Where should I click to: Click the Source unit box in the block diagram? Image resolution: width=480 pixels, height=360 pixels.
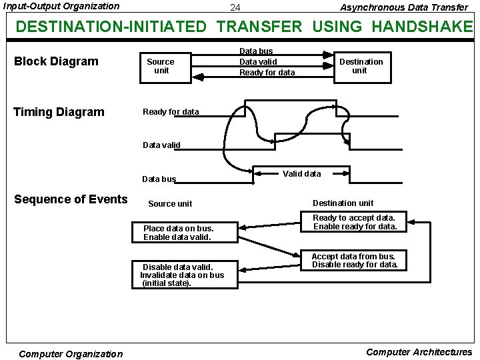coord(161,66)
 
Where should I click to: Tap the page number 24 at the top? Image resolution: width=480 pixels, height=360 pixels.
coord(235,8)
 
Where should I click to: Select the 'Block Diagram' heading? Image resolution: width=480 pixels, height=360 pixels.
coord(56,61)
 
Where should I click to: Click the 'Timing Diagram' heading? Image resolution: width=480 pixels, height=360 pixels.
coord(59,112)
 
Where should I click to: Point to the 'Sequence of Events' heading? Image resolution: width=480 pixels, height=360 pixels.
coord(71,199)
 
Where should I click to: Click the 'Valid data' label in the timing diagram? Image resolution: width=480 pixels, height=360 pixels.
coord(301,173)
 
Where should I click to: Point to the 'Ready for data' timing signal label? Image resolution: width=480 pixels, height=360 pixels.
coord(171,112)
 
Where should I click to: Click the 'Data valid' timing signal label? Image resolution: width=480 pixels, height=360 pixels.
coord(161,145)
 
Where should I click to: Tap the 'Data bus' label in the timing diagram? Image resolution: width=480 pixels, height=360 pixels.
coord(159,179)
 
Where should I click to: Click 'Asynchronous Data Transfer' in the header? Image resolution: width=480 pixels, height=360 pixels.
coord(404,7)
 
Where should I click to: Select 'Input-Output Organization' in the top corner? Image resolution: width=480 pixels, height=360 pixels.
coord(61,6)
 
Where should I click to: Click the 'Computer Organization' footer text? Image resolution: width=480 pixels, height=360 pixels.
coord(71,354)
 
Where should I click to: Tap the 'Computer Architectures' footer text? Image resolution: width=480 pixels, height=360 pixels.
coord(419,352)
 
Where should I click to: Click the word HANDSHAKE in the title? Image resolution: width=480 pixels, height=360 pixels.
coord(421,27)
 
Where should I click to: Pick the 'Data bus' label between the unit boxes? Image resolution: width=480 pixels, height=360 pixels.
coord(256,51)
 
